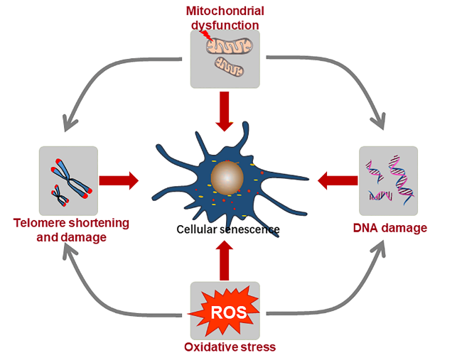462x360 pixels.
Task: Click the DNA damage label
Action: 390,228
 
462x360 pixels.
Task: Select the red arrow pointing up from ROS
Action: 225,260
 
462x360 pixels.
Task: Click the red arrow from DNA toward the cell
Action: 335,180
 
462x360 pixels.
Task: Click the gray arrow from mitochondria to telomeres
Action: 114,67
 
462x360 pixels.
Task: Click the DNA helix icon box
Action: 388,181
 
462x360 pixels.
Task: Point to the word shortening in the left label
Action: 100,224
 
